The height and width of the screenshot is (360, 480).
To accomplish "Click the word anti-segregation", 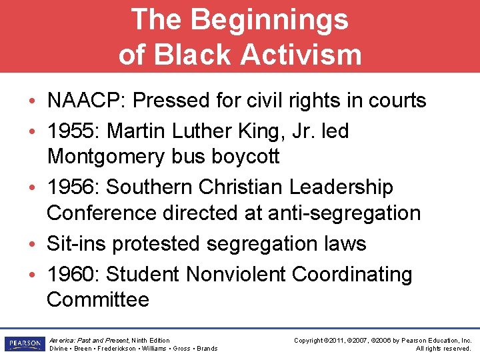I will coord(344,213).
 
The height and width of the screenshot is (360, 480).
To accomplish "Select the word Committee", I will coord(98,299).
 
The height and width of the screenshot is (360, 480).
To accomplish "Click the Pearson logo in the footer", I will coord(24,344).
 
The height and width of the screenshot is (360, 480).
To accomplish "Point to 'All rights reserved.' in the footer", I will coord(443,349).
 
